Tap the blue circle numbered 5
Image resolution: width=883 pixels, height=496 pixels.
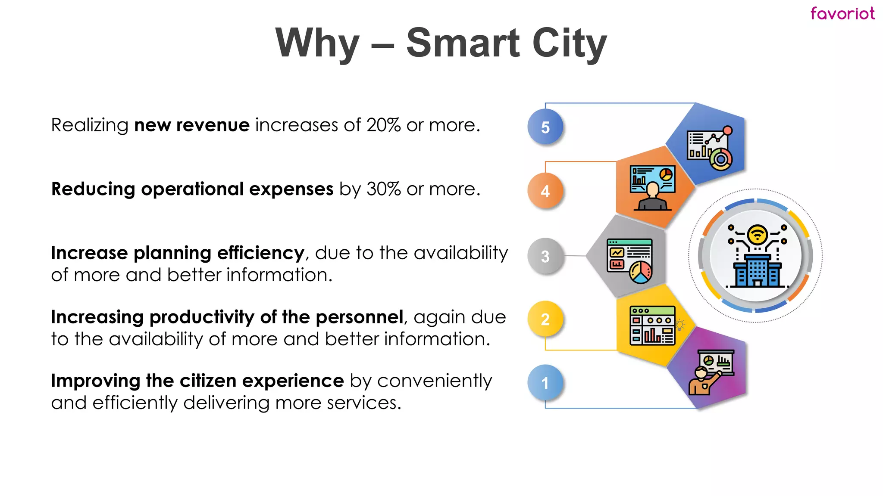pyautogui.click(x=545, y=127)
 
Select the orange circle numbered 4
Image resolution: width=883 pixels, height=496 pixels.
pyautogui.click(x=545, y=191)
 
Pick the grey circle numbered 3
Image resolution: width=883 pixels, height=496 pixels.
pyautogui.click(x=545, y=256)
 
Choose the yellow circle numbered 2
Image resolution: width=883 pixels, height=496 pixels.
pyautogui.click(x=545, y=319)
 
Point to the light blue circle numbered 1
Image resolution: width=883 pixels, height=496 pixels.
pyautogui.click(x=545, y=383)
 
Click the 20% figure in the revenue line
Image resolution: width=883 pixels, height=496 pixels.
pyautogui.click(x=383, y=125)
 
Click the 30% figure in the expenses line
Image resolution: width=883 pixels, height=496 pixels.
pyautogui.click(x=383, y=189)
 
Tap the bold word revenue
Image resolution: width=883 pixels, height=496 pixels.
pyautogui.click(x=213, y=125)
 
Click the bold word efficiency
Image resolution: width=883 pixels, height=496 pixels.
pyautogui.click(x=261, y=253)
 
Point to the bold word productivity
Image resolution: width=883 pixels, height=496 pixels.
pyautogui.click(x=202, y=317)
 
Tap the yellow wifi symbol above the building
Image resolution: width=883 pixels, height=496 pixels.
pyautogui.click(x=757, y=235)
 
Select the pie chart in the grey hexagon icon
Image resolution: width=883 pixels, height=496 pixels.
pyautogui.click(x=641, y=273)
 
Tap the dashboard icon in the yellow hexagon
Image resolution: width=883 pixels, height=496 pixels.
pyautogui.click(x=652, y=326)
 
